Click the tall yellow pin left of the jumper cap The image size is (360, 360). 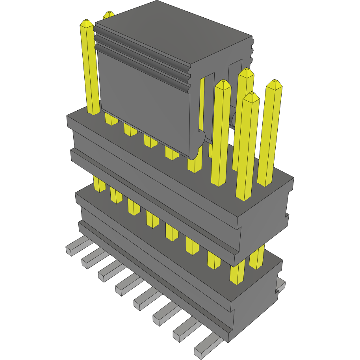[x=90, y=67]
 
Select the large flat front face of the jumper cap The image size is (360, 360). [x=146, y=102]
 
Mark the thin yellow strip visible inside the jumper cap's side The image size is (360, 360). [x=202, y=102]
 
